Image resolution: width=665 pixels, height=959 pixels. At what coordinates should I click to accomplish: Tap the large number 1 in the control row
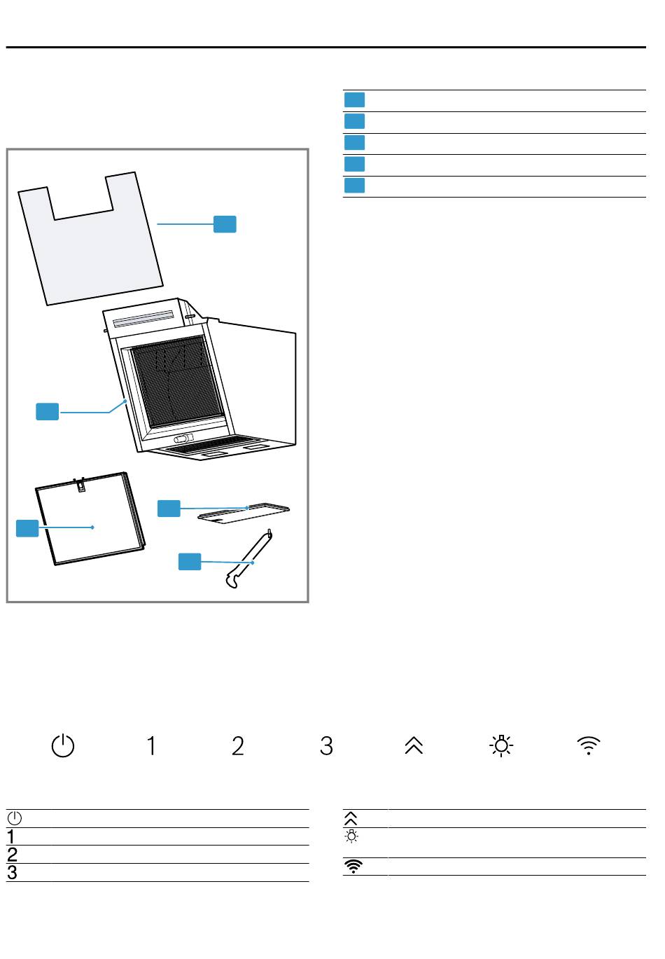tap(151, 745)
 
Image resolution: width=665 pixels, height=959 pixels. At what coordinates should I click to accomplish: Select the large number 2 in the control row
tap(237, 745)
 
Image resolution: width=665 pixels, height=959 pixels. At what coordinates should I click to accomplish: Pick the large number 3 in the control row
tap(326, 745)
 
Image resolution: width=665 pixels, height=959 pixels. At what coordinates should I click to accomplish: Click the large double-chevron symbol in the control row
tap(414, 745)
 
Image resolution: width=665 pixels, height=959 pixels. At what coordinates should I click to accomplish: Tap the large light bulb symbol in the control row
tap(500, 745)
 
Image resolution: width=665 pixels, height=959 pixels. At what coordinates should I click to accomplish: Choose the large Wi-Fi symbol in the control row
tap(589, 745)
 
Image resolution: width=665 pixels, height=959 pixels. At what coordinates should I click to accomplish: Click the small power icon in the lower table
tap(14, 818)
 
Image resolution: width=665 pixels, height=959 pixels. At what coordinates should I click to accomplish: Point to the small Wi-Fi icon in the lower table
tap(353, 866)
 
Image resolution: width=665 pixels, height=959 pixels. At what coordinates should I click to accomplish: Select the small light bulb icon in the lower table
tap(351, 836)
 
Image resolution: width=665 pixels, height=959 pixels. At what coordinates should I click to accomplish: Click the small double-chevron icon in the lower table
tap(351, 817)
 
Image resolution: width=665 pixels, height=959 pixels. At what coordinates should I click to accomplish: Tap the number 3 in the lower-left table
tap(12, 872)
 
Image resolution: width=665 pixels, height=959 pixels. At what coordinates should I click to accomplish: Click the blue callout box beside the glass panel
tap(225, 224)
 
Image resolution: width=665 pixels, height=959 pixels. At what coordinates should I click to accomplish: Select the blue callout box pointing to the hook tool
tap(190, 561)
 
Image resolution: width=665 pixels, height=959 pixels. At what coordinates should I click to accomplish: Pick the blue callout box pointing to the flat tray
tap(169, 508)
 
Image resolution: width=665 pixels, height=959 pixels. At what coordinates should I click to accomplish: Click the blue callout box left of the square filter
tap(27, 528)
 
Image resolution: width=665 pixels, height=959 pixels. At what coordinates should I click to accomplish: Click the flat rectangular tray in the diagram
tap(244, 513)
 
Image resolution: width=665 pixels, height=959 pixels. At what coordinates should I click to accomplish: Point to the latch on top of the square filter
tap(80, 485)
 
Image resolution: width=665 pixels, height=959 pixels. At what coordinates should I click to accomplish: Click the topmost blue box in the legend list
tap(354, 99)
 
